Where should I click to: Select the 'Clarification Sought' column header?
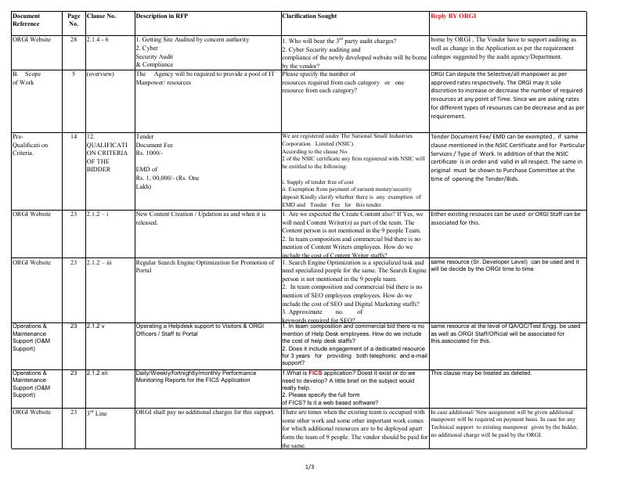(x=310, y=16)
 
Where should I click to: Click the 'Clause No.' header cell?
(x=102, y=16)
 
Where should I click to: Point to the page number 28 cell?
(x=74, y=39)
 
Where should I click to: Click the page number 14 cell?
(x=74, y=136)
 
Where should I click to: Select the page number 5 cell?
(x=74, y=74)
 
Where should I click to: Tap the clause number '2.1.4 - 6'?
(x=98, y=39)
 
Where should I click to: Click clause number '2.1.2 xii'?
(x=99, y=373)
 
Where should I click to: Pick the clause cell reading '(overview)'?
(x=101, y=74)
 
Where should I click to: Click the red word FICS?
(x=316, y=374)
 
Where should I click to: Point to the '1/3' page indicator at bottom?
(x=310, y=467)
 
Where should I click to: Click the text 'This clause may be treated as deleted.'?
(x=481, y=373)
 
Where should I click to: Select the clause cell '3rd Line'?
(x=96, y=412)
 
